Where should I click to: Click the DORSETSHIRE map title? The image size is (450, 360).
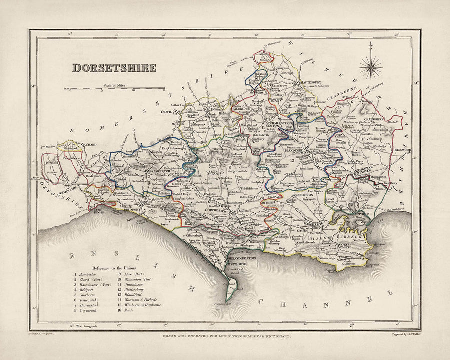click(114, 68)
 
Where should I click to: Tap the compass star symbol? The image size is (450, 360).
click(370, 65)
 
